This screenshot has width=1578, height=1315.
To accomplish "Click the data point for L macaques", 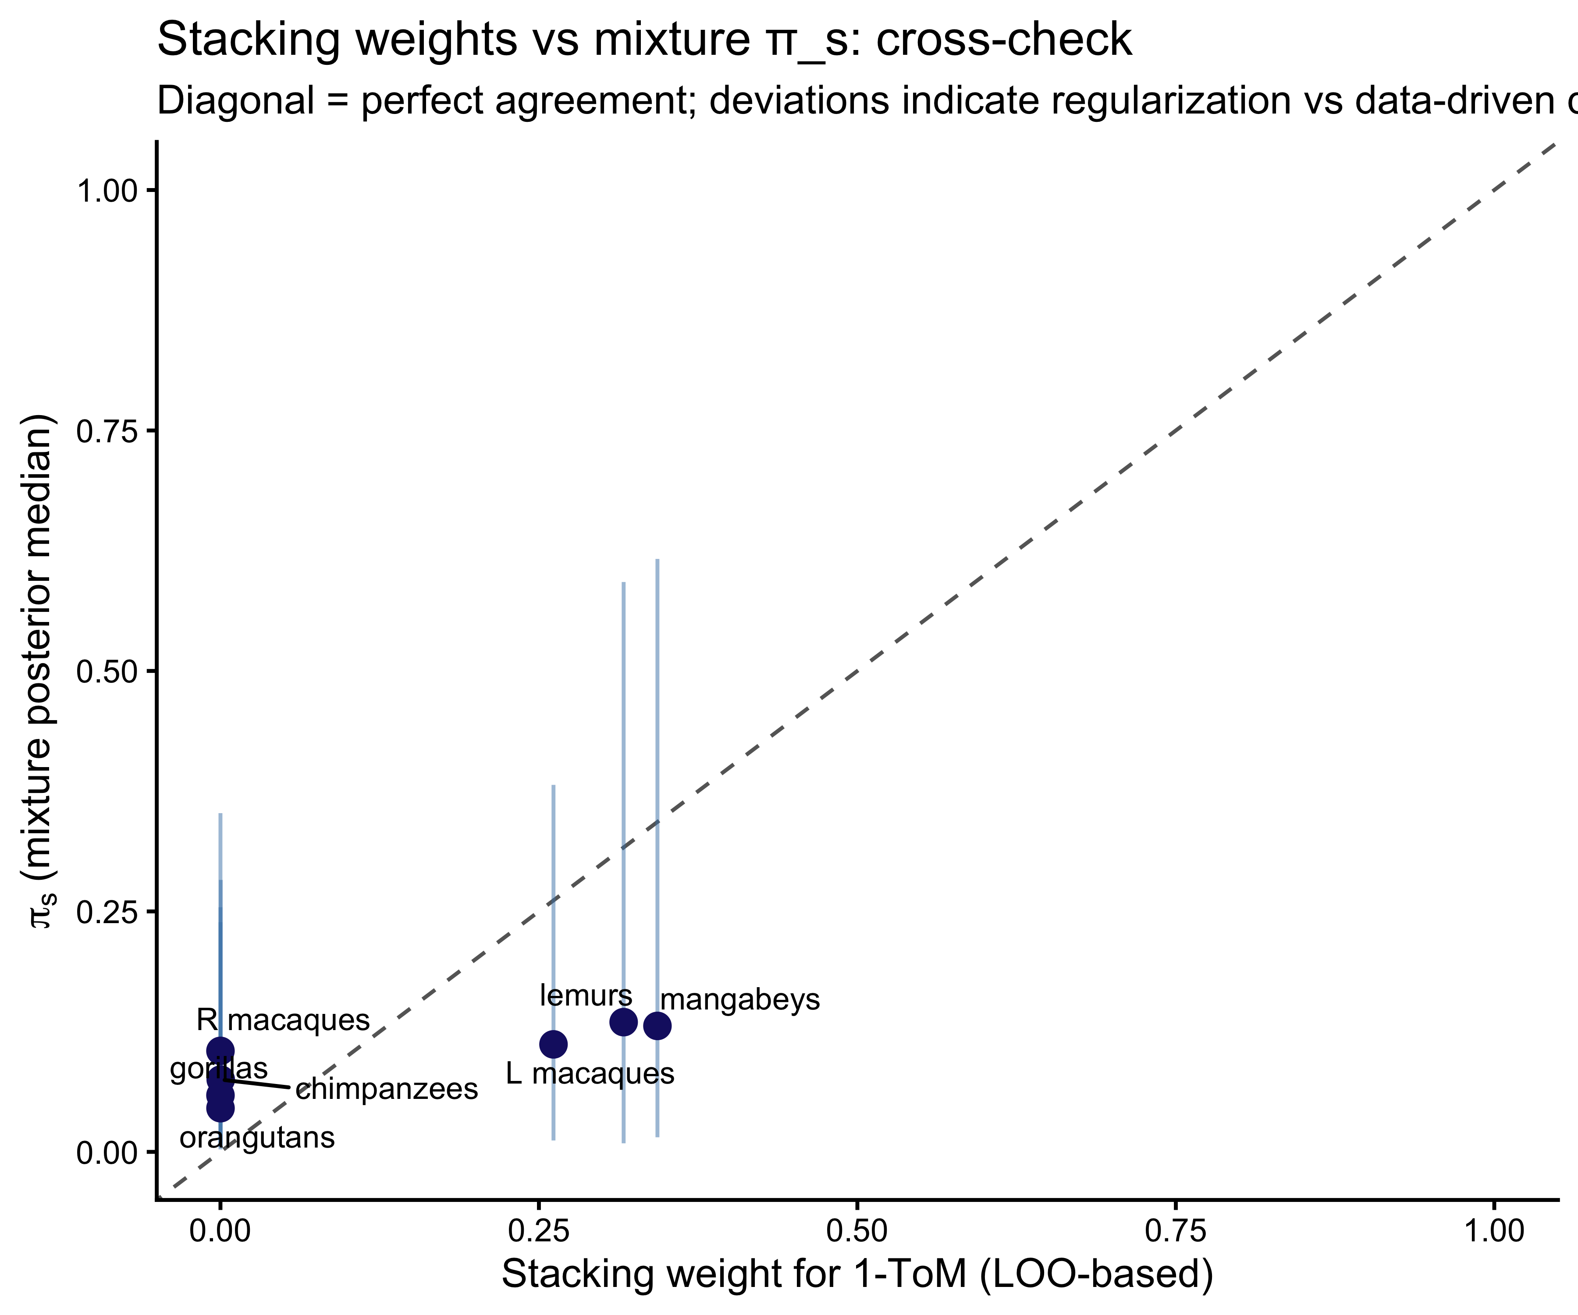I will click(553, 1044).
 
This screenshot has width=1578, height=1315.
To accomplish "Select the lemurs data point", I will click(623, 1021).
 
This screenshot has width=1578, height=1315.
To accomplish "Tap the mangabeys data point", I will click(657, 1026).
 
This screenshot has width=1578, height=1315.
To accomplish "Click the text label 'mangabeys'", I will click(740, 1000).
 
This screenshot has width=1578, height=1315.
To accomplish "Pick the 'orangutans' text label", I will click(257, 1137).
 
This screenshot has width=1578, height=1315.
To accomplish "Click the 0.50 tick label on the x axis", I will click(857, 1232).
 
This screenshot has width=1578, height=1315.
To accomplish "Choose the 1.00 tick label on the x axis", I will click(1495, 1232).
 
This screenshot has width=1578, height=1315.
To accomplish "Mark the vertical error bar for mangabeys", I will click(657, 751).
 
